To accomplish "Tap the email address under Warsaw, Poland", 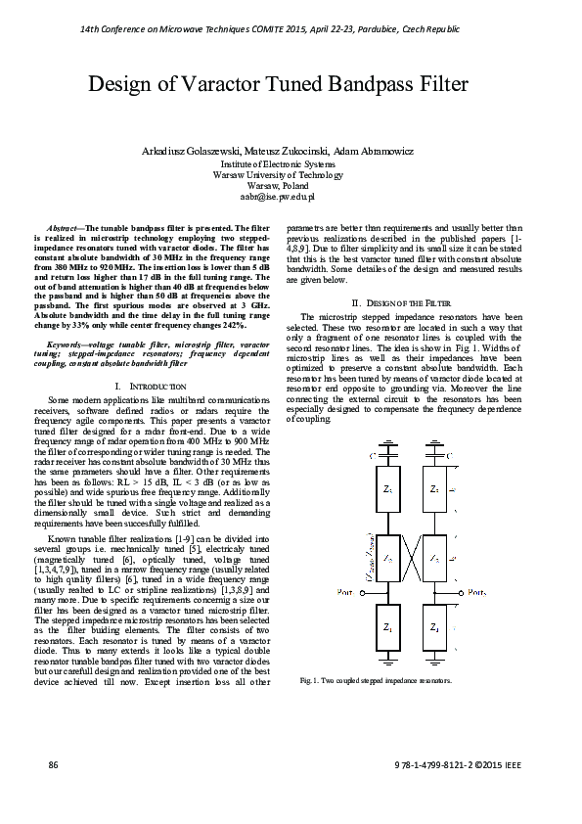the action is point(291,196).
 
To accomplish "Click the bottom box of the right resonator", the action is point(433,625).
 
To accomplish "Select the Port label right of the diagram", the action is point(476,592).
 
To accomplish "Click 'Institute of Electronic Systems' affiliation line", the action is point(291,165).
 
